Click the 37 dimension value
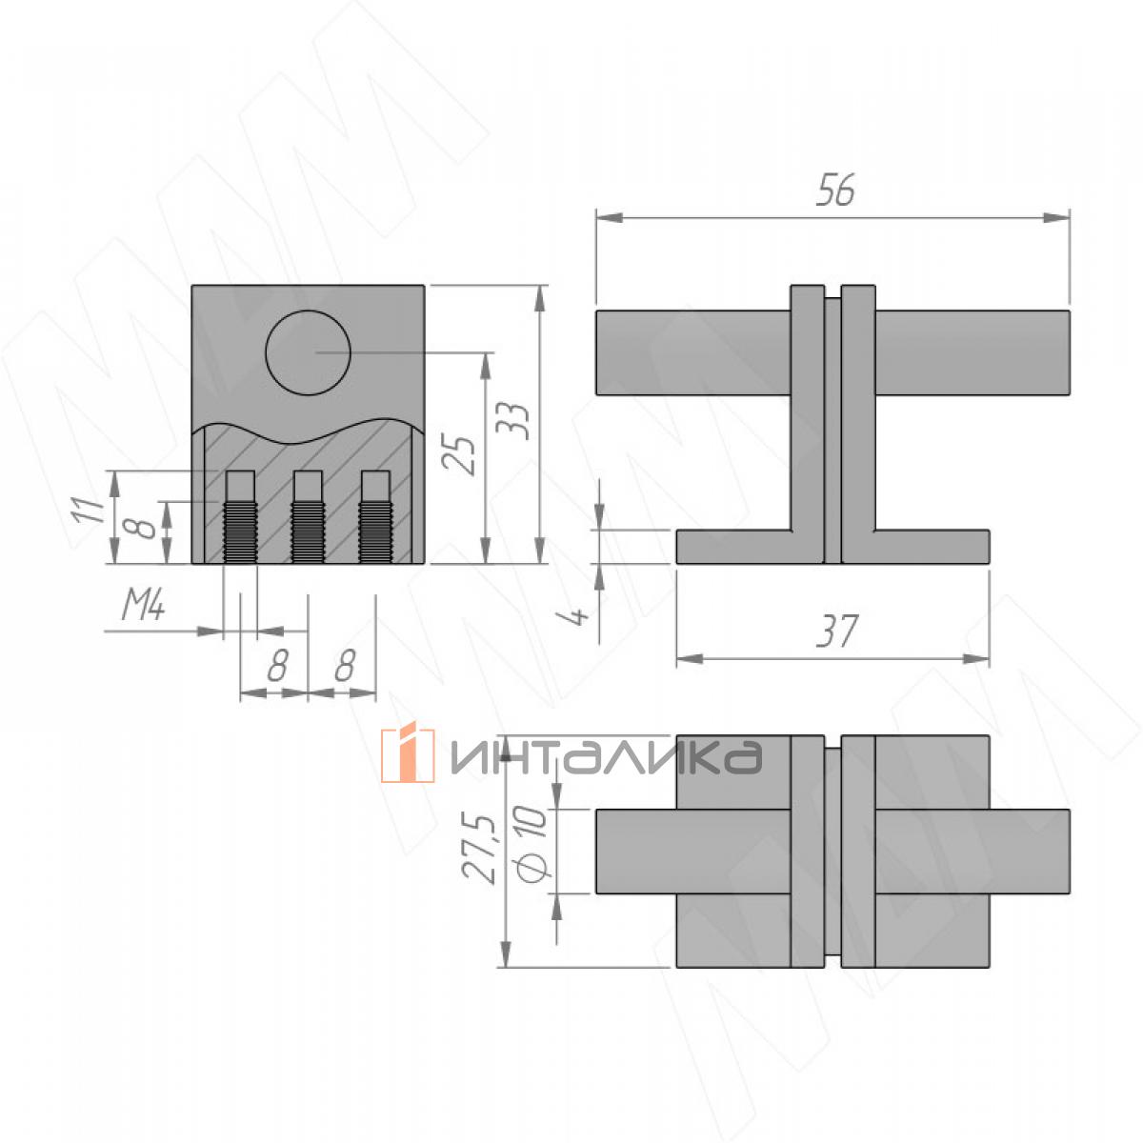click(836, 631)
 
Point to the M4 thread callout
click(142, 607)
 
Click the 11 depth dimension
click(88, 511)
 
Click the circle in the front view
click(308, 352)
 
